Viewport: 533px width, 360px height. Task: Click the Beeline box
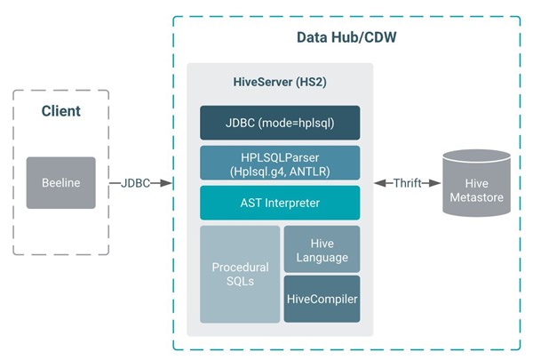60,182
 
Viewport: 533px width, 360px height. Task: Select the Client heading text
60,111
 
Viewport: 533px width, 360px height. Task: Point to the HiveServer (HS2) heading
280,83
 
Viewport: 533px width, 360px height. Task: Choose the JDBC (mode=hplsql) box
280,123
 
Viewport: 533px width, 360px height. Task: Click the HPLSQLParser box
280,163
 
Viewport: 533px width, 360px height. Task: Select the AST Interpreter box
280,203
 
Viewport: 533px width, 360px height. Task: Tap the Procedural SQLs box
240,274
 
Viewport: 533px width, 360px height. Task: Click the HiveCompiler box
322,299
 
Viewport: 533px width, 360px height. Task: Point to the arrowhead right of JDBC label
164,183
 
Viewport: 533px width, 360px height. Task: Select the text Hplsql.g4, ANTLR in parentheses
280,170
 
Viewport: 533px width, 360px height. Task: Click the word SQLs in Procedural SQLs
240,282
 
